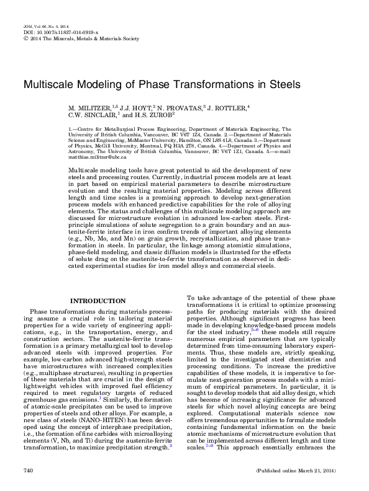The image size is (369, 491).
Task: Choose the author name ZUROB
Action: [152, 115]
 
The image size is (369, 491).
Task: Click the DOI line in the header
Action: [46, 32]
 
